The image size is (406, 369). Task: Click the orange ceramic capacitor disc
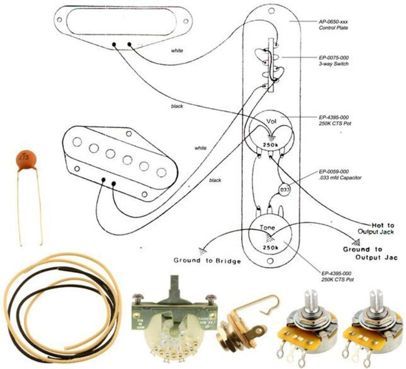click(x=24, y=159)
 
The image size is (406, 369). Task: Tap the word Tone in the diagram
click(x=267, y=228)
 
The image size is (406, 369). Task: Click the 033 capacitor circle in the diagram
click(x=285, y=189)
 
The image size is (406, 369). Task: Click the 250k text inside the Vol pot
click(x=270, y=144)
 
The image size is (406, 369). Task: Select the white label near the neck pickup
click(x=177, y=51)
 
